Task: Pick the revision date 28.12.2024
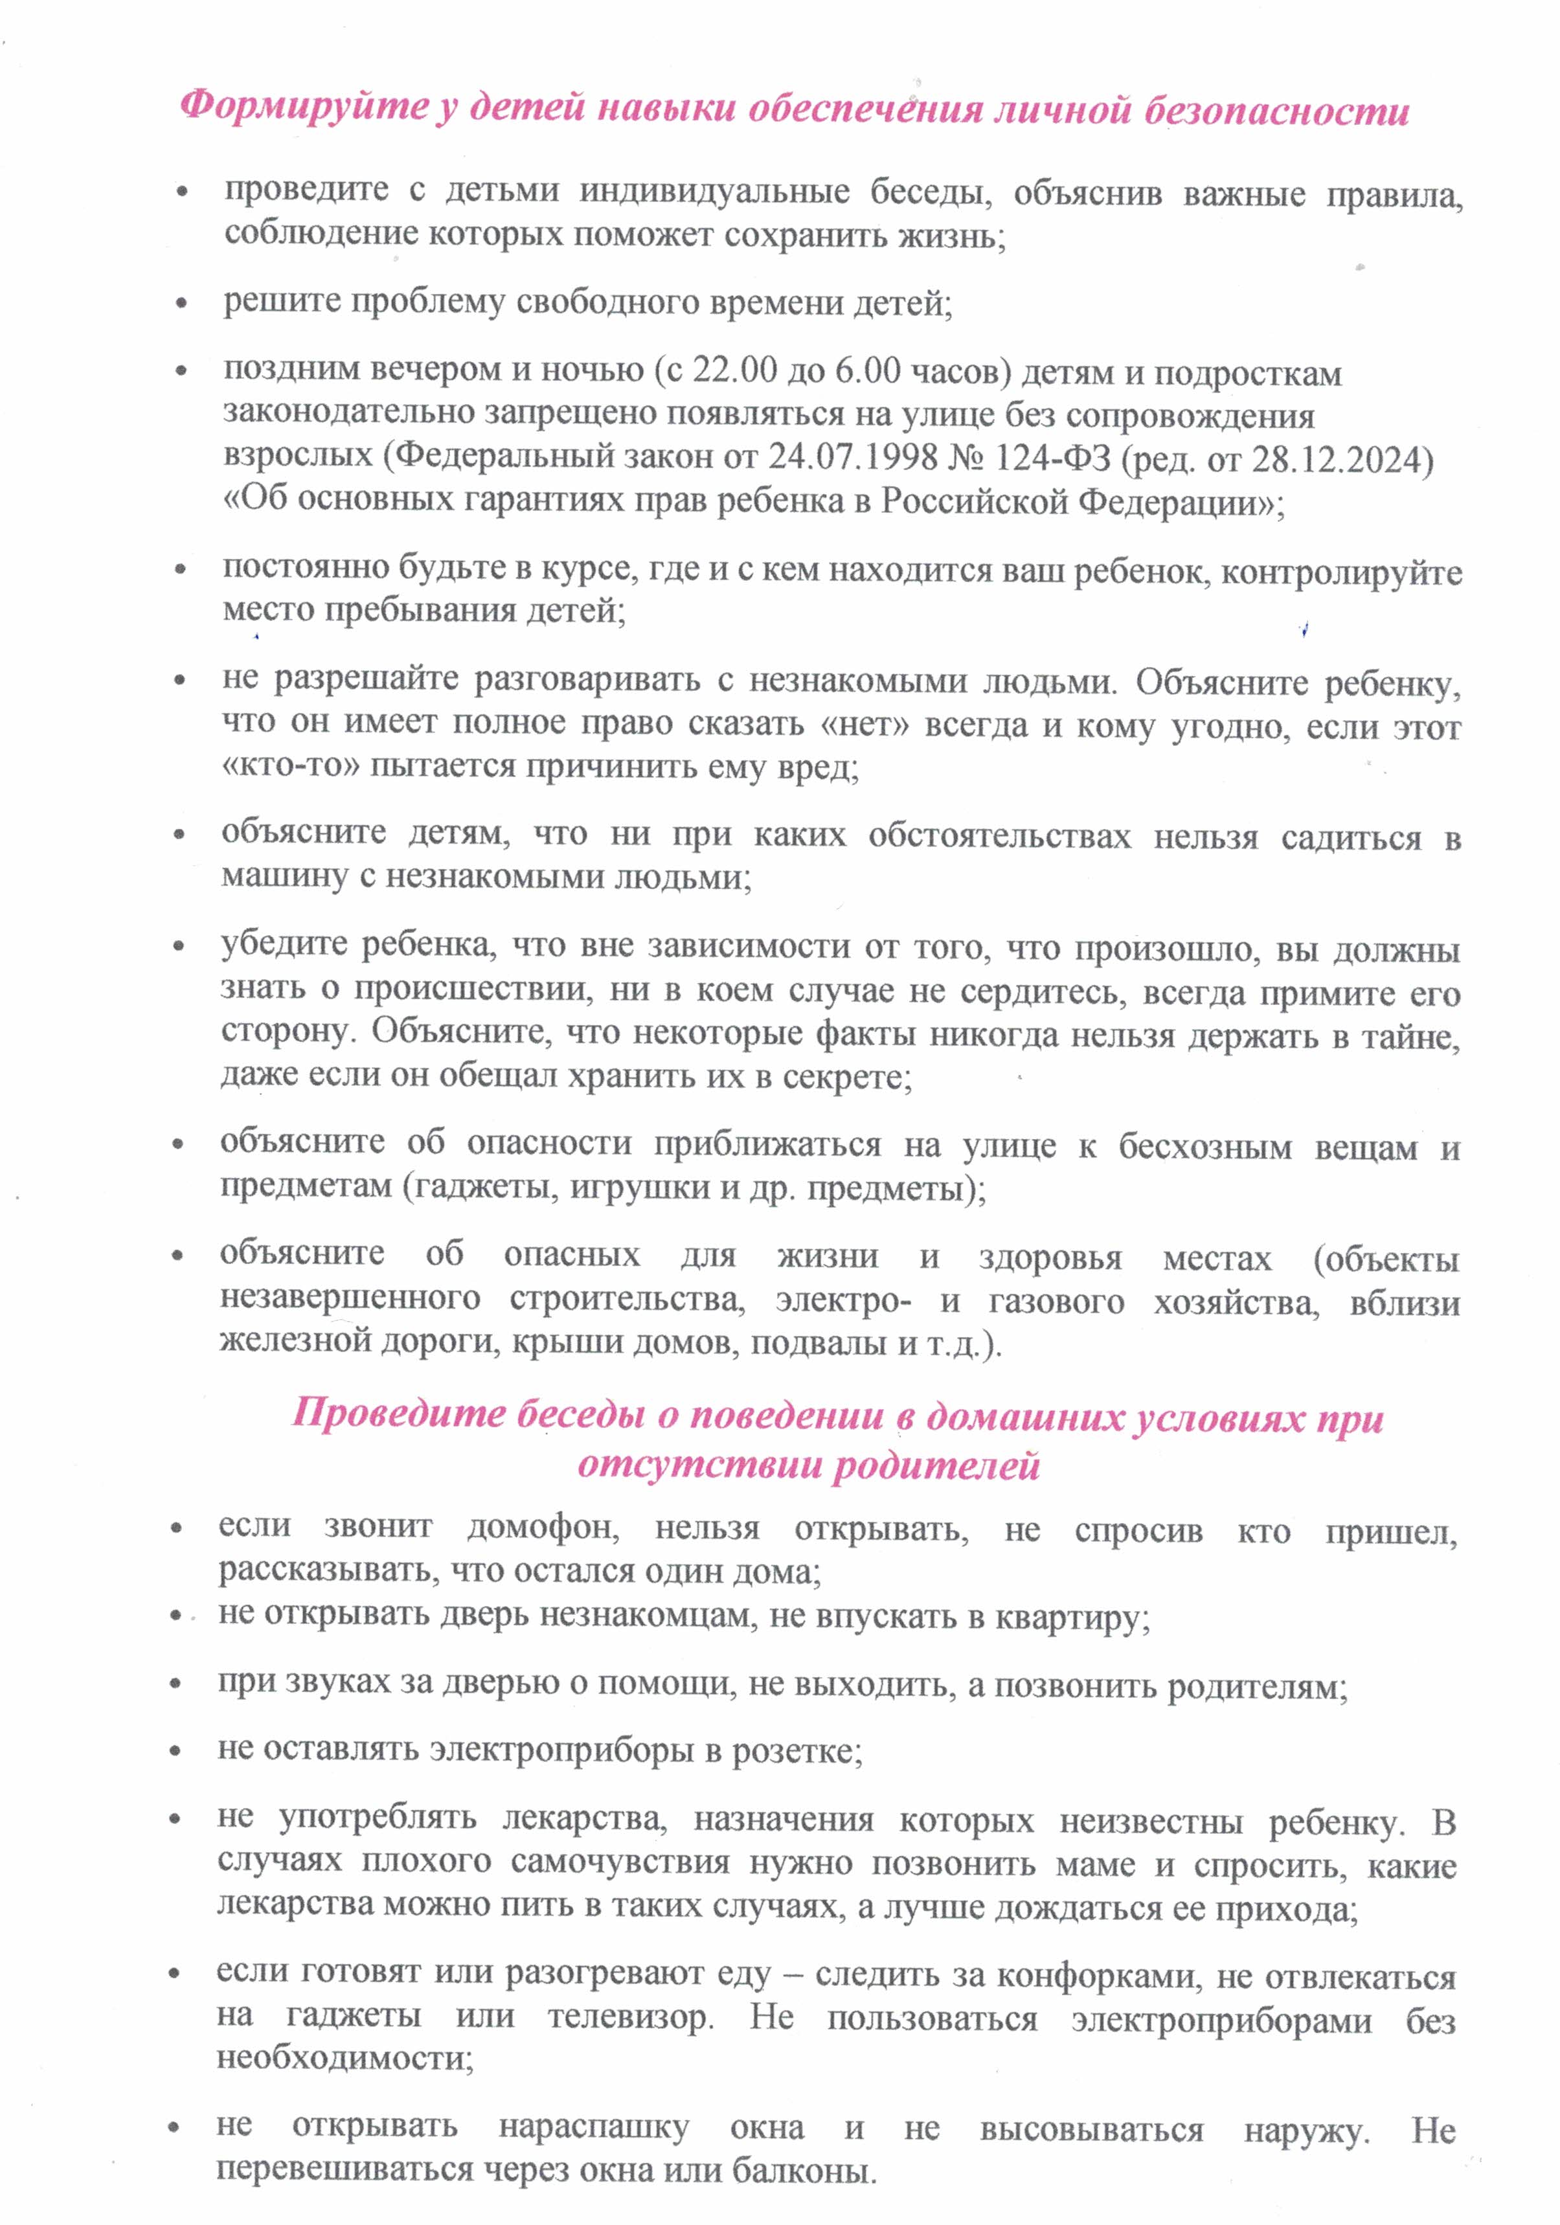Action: [x=1342, y=458]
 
